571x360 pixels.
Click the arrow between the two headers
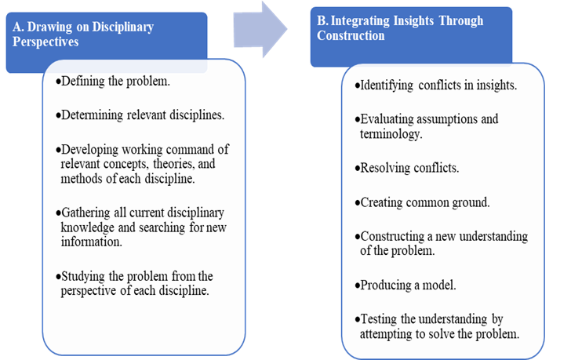point(260,29)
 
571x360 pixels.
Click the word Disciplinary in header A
point(122,27)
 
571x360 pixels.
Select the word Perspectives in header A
point(45,42)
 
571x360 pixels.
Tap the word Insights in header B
point(413,20)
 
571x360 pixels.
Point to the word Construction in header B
point(351,35)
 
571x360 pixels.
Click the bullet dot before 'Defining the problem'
point(58,82)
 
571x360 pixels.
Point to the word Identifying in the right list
point(387,85)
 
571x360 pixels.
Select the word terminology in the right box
point(391,134)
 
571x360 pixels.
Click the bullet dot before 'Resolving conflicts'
point(357,169)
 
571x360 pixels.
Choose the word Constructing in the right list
point(392,237)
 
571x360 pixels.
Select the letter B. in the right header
point(322,20)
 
